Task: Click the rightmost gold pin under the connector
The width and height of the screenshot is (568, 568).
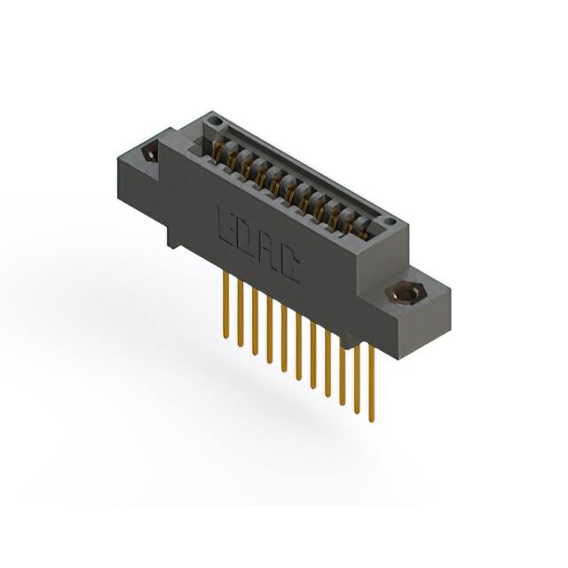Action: (371, 382)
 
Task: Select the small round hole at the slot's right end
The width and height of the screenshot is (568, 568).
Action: (387, 220)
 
